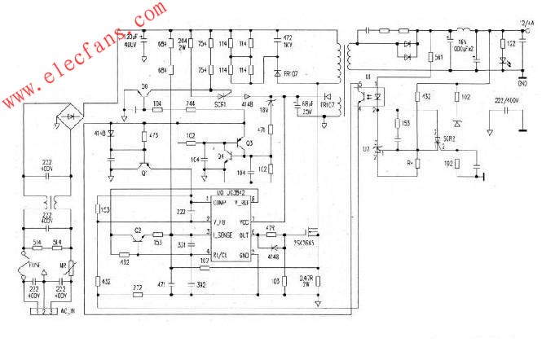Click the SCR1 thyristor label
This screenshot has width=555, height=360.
pyautogui.click(x=220, y=105)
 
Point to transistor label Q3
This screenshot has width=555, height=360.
pyautogui.click(x=249, y=143)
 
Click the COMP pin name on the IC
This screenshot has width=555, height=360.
pyautogui.click(x=219, y=201)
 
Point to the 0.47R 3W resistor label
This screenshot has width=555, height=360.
pyautogui.click(x=308, y=282)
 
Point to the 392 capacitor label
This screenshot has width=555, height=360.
pyautogui.click(x=200, y=284)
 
